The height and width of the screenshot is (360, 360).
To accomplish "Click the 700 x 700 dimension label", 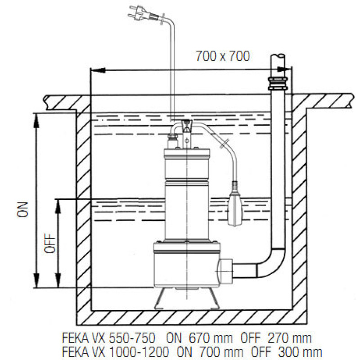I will [x=222, y=57].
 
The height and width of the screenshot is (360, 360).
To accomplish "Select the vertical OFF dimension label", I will [x=50, y=243].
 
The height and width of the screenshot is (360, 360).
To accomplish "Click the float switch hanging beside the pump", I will [x=236, y=207].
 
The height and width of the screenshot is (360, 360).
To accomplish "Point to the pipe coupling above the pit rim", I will [x=278, y=83].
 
